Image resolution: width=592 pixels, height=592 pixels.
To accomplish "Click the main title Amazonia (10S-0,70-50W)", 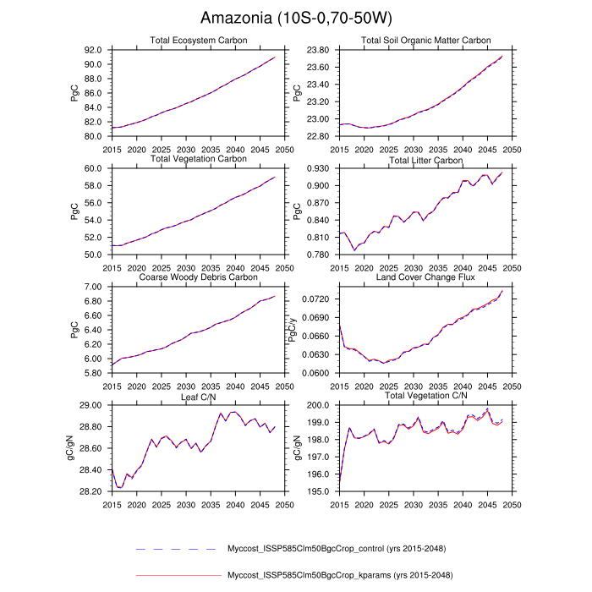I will coord(296,18).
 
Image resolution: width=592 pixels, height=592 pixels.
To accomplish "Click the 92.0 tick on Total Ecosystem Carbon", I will coord(93,50).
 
